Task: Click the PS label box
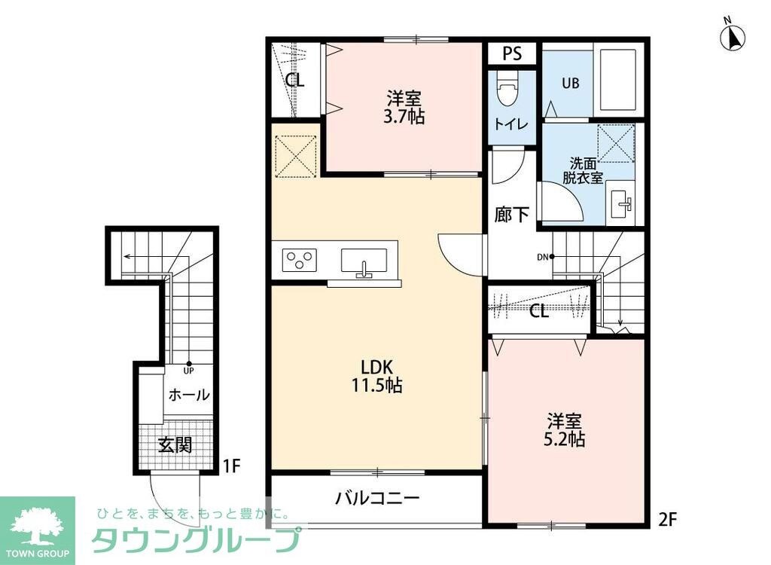pyautogui.click(x=512, y=53)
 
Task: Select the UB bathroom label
pyautogui.click(x=570, y=84)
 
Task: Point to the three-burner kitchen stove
pyautogui.click(x=299, y=260)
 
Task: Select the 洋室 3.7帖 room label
pyautogui.click(x=405, y=106)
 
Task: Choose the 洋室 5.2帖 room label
pyautogui.click(x=565, y=429)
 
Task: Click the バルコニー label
pyautogui.click(x=376, y=497)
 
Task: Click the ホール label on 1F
pyautogui.click(x=189, y=395)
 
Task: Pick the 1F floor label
pyautogui.click(x=231, y=466)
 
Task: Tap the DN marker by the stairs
pyautogui.click(x=544, y=257)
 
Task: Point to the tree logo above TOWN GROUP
pyautogui.click(x=37, y=522)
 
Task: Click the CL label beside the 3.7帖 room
pyautogui.click(x=294, y=80)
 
